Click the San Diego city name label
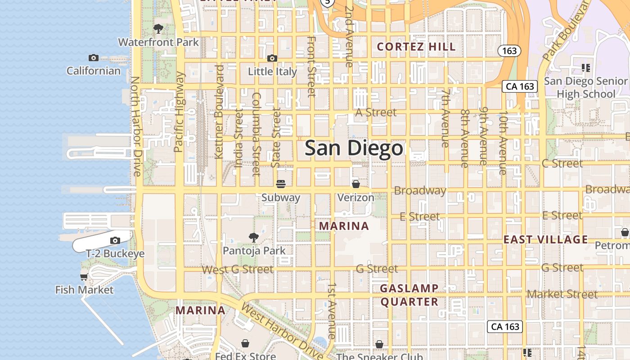(354, 148)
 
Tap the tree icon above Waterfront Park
(158, 29)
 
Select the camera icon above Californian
(94, 58)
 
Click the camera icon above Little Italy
(272, 58)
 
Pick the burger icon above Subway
(281, 184)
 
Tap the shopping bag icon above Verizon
(355, 184)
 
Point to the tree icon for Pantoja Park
(254, 237)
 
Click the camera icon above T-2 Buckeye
(115, 240)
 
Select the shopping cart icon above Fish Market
(84, 276)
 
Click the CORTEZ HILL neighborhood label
(416, 47)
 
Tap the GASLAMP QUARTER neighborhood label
(409, 295)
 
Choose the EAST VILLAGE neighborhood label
(545, 239)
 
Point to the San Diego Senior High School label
(585, 87)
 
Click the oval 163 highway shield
(509, 51)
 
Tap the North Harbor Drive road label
(136, 126)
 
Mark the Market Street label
(562, 294)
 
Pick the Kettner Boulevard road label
(219, 112)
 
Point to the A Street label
(376, 112)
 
